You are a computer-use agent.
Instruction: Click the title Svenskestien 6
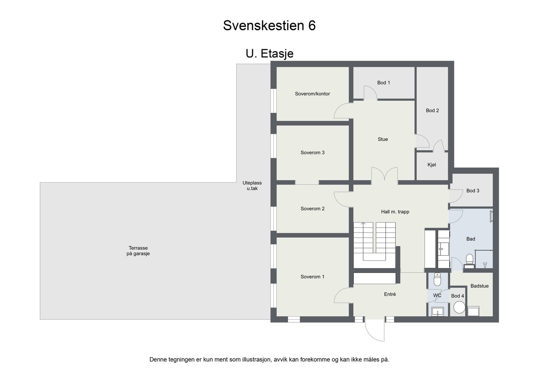pyautogui.click(x=269, y=26)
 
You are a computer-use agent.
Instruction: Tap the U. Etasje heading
pyautogui.click(x=269, y=54)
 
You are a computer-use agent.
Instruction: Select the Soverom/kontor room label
pyautogui.click(x=312, y=94)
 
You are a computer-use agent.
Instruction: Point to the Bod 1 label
pyautogui.click(x=383, y=83)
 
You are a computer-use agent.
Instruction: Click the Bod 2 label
pyautogui.click(x=432, y=110)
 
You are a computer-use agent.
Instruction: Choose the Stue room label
pyautogui.click(x=383, y=139)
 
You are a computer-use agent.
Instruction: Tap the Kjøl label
pyautogui.click(x=432, y=165)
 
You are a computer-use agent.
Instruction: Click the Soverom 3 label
pyautogui.click(x=312, y=153)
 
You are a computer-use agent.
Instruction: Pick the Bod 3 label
pyautogui.click(x=473, y=191)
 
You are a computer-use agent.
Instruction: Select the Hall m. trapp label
pyautogui.click(x=395, y=212)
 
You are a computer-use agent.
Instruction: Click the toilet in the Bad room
pyautogui.click(x=469, y=259)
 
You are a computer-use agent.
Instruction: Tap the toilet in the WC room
pyautogui.click(x=437, y=279)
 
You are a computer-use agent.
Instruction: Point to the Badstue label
pyautogui.click(x=479, y=286)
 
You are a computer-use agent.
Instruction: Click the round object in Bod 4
pyautogui.click(x=459, y=307)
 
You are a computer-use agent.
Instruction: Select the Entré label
pyautogui.click(x=390, y=295)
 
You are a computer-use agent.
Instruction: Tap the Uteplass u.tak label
pyautogui.click(x=252, y=186)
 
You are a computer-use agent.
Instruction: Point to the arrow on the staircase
pyautogui.click(x=363, y=224)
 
